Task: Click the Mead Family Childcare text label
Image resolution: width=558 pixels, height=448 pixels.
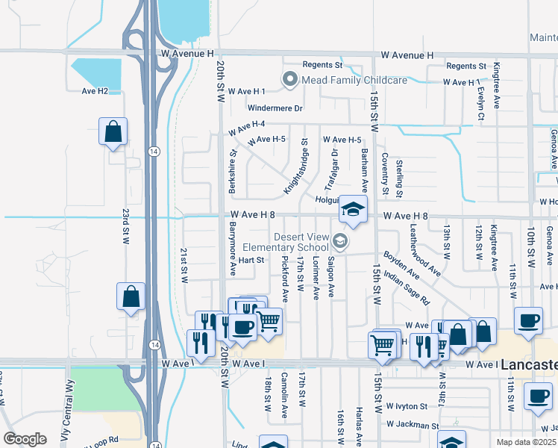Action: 354,79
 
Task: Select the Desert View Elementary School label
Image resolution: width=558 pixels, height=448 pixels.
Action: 301,242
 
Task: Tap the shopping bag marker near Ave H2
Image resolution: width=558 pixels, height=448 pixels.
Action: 113,132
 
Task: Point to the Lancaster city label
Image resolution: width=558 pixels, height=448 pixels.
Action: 529,365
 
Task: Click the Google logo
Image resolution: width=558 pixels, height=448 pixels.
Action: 25,439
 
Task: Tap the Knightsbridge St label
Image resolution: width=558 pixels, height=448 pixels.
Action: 295,167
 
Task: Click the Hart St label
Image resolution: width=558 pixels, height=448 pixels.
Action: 251,260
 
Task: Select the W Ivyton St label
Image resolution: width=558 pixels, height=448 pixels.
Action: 406,407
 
